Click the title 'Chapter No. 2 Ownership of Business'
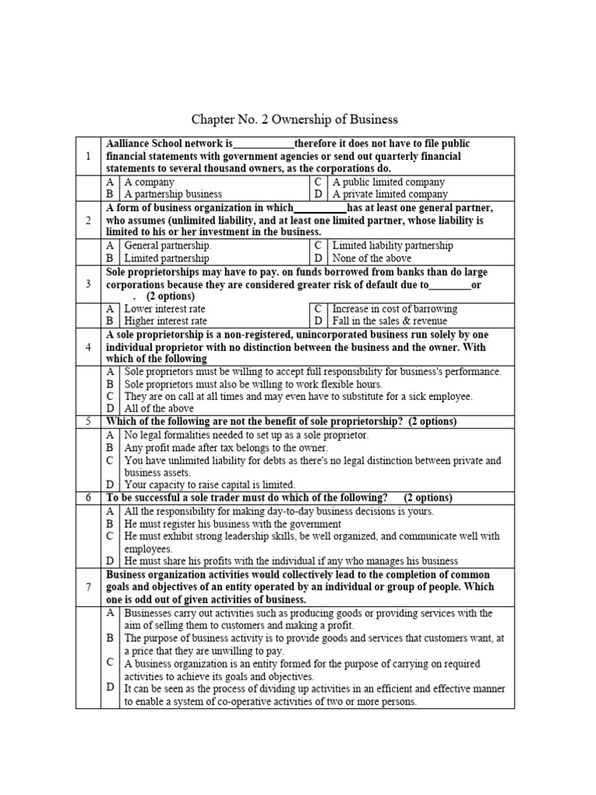pyautogui.click(x=294, y=120)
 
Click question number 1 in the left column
pyautogui.click(x=88, y=156)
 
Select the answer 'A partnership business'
pyautogui.click(x=172, y=194)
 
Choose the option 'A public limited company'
pyautogui.click(x=388, y=182)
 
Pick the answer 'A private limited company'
pyautogui.click(x=390, y=194)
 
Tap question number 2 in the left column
pyautogui.click(x=88, y=220)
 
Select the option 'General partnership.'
pyautogui.click(x=168, y=245)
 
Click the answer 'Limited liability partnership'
pyautogui.click(x=393, y=245)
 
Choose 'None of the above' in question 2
pyautogui.click(x=372, y=258)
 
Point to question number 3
pyautogui.click(x=88, y=283)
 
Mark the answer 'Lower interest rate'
pyautogui.click(x=166, y=308)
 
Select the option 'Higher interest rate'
pyautogui.click(x=166, y=321)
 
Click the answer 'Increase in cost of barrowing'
pyautogui.click(x=395, y=308)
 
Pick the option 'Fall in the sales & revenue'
pyautogui.click(x=390, y=321)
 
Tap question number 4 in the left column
pyautogui.click(x=88, y=346)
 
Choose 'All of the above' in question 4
pyautogui.click(x=159, y=408)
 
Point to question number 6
pyautogui.click(x=88, y=498)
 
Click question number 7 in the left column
pyautogui.click(x=88, y=587)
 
